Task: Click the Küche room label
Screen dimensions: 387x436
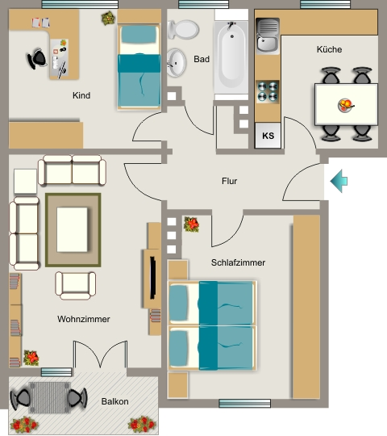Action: coord(329,49)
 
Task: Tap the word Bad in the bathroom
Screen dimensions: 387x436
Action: coord(202,59)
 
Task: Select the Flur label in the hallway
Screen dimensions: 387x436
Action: coord(229,181)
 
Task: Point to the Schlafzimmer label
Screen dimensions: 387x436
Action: coord(238,262)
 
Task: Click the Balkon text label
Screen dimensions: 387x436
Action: coord(115,401)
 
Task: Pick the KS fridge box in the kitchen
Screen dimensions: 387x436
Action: coord(268,136)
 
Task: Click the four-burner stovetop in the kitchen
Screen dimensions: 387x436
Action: coord(268,91)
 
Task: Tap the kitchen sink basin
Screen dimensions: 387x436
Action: coord(268,36)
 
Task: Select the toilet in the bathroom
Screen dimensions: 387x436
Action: coord(183,30)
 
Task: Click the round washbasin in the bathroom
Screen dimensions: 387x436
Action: coord(176,62)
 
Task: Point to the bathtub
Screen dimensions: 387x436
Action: coord(231,57)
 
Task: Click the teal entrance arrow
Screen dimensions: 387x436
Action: coord(339,181)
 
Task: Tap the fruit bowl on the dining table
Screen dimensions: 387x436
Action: coord(345,106)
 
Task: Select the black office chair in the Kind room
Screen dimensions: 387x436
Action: coord(37,59)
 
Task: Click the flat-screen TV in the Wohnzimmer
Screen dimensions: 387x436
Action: coord(152,278)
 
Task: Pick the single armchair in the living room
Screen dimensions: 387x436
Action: coord(76,286)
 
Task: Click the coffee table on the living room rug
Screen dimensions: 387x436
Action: coord(73,229)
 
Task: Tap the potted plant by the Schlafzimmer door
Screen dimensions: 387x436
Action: coord(191,224)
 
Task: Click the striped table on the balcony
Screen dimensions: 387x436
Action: coord(49,397)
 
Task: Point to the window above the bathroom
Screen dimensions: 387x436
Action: coord(203,4)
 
